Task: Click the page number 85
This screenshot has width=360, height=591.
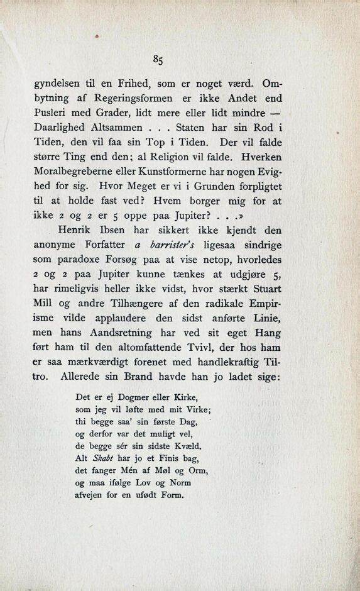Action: (x=158, y=60)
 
